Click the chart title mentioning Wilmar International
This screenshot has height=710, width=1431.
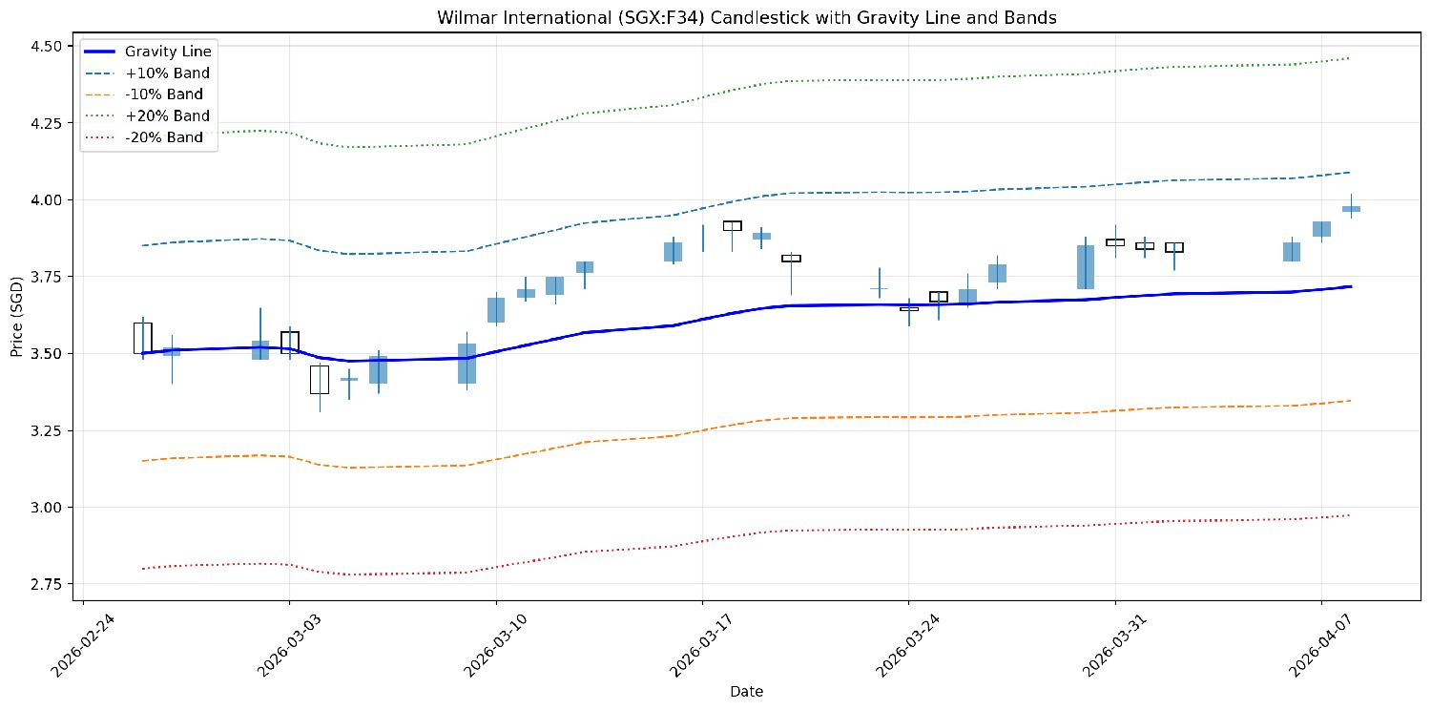[x=746, y=17]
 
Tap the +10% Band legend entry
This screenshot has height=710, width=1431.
[x=148, y=73]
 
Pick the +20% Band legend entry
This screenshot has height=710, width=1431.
[x=148, y=115]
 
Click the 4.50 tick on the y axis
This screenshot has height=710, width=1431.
[x=46, y=46]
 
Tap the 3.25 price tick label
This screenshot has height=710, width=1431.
[x=46, y=430]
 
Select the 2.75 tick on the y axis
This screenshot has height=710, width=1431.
[x=46, y=584]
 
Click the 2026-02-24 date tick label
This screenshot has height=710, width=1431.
[x=83, y=645]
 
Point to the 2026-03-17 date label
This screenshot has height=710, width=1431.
[x=701, y=645]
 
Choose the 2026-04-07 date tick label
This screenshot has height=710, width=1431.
[x=1319, y=645]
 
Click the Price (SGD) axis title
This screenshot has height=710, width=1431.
[x=16, y=316]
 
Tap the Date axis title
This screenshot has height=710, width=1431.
[x=746, y=692]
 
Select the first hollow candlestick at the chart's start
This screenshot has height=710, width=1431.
[x=142, y=338]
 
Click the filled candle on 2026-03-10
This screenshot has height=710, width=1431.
[x=496, y=310]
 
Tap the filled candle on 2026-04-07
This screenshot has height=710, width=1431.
[x=1321, y=229]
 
